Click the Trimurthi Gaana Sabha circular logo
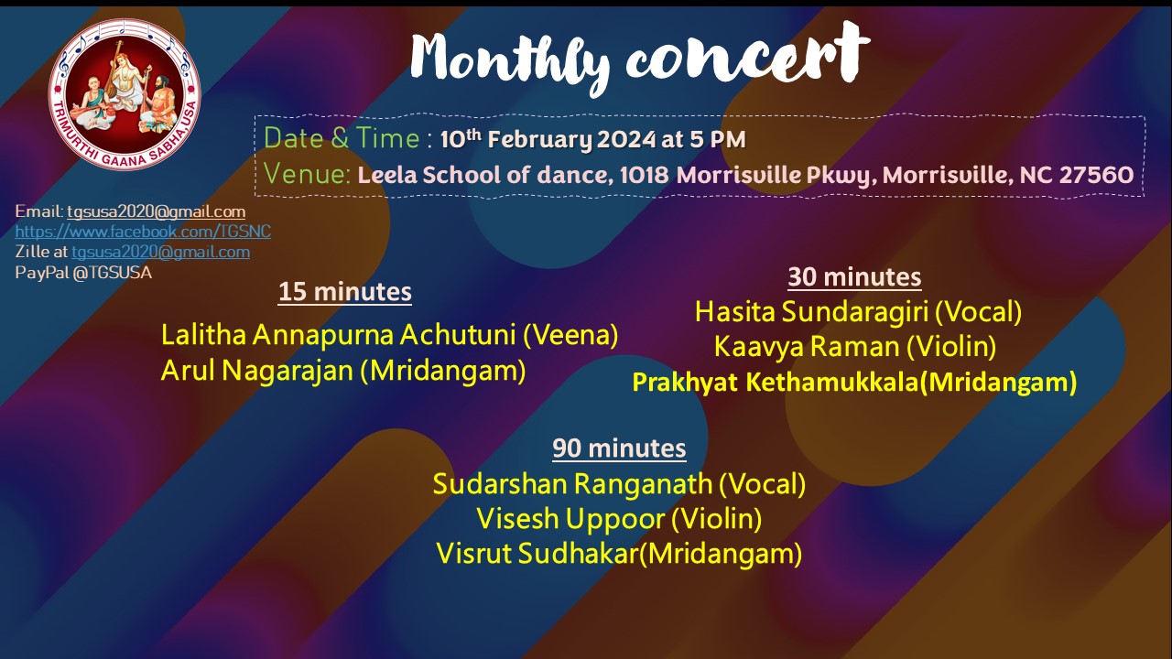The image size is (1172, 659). (125, 94)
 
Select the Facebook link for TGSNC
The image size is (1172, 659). (143, 232)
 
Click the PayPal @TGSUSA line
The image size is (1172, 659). (83, 273)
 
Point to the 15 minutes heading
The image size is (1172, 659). (345, 291)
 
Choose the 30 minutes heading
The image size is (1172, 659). (854, 276)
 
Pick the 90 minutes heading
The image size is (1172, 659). (619, 448)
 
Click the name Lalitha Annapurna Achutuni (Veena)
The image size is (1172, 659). (389, 335)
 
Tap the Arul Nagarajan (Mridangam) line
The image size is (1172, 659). (343, 371)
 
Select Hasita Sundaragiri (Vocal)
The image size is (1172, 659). (858, 312)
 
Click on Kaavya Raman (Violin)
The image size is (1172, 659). (855, 347)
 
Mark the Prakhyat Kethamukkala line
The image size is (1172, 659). (854, 383)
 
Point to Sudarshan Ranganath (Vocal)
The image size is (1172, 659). (619, 484)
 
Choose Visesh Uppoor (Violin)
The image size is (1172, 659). (619, 519)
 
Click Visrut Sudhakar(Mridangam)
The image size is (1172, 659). (619, 554)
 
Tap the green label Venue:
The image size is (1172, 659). (307, 174)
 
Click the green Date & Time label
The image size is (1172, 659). (342, 138)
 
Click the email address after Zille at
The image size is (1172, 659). (160, 252)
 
